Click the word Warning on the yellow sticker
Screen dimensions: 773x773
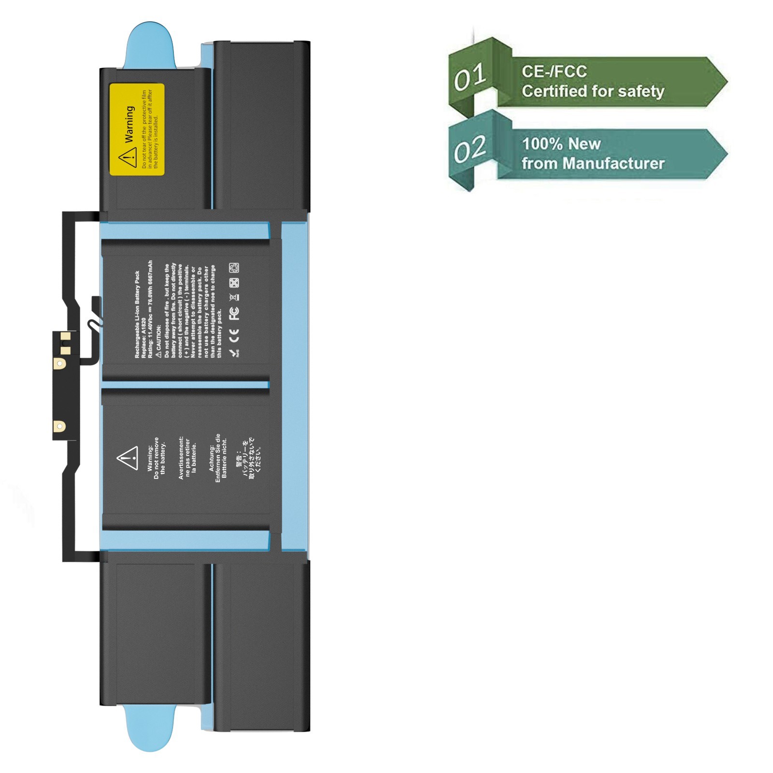[x=129, y=125]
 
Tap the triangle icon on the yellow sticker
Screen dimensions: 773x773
[x=128, y=157]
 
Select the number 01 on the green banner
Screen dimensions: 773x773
[x=470, y=77]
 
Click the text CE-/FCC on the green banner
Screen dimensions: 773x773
[x=554, y=72]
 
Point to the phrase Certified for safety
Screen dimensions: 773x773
[x=593, y=91]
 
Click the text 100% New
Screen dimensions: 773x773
[x=561, y=143]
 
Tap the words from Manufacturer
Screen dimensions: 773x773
[x=593, y=163]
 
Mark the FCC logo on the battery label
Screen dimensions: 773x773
[x=234, y=313]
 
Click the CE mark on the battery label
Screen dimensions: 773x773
[x=234, y=334]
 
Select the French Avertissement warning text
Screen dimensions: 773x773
[x=187, y=458]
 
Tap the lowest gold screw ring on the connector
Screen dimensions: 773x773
[x=59, y=426]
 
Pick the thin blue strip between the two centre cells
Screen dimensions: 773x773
[x=186, y=385]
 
